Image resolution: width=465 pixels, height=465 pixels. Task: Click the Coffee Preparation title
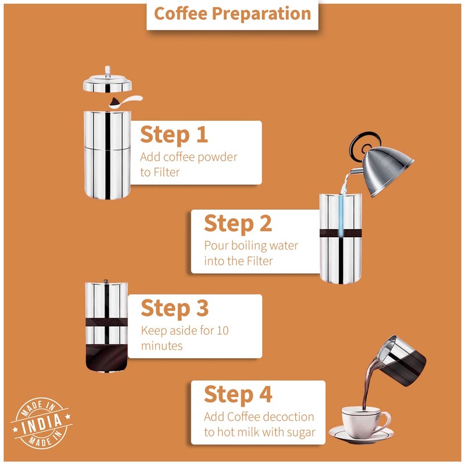[233, 14]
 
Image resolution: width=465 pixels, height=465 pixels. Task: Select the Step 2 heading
[238, 223]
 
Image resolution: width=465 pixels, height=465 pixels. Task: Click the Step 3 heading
[174, 308]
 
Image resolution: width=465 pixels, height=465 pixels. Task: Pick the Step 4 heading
[238, 394]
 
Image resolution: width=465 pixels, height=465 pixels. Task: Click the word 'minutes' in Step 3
[162, 346]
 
